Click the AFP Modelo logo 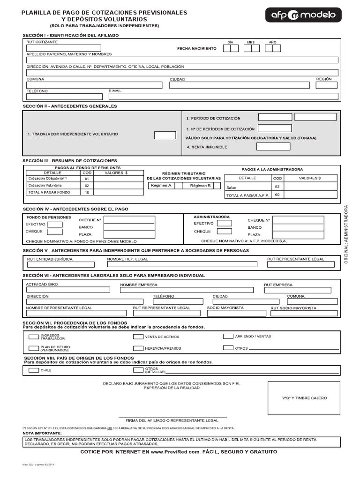pyautogui.click(x=304, y=15)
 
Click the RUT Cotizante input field pyautogui.click(x=64, y=48)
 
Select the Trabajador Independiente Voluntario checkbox pyautogui.click(x=165, y=135)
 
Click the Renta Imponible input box pyautogui.click(x=273, y=147)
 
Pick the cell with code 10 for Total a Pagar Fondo pyautogui.click(x=87, y=192)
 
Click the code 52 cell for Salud pyautogui.click(x=277, y=187)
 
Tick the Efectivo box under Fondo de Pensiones pyautogui.click(x=55, y=225)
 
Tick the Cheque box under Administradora pyautogui.click(x=224, y=231)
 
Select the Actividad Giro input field pyautogui.click(x=68, y=290)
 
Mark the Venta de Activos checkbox pyautogui.click(x=138, y=337)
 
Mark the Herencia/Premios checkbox pyautogui.click(x=138, y=348)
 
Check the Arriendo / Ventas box pyautogui.click(x=228, y=336)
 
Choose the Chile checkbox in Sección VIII pyautogui.click(x=34, y=370)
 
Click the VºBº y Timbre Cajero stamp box pyautogui.click(x=304, y=398)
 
